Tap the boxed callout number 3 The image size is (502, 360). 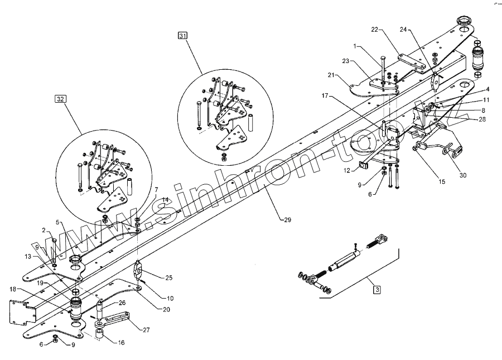[378, 290]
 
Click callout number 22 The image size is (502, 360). [375, 29]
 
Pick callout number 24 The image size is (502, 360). [403, 29]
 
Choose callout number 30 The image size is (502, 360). [463, 175]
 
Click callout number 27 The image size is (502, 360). [146, 330]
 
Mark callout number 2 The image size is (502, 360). [44, 230]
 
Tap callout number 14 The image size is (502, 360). [165, 200]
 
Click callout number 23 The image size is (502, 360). [345, 61]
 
